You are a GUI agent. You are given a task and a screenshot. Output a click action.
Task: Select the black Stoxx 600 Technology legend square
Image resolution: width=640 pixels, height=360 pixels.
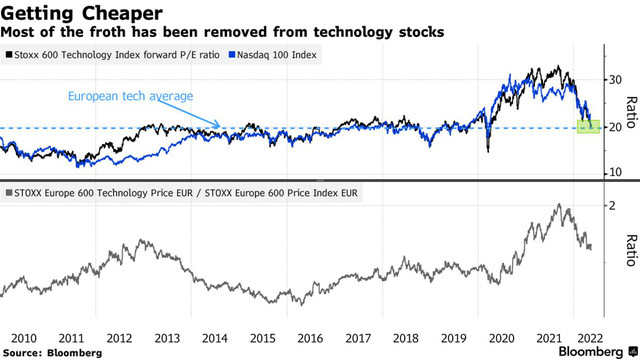(x=9, y=55)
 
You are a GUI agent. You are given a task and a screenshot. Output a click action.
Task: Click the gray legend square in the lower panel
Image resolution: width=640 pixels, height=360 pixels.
(x=9, y=189)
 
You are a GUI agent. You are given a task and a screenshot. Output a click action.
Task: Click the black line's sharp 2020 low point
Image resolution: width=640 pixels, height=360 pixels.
(x=488, y=152)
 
